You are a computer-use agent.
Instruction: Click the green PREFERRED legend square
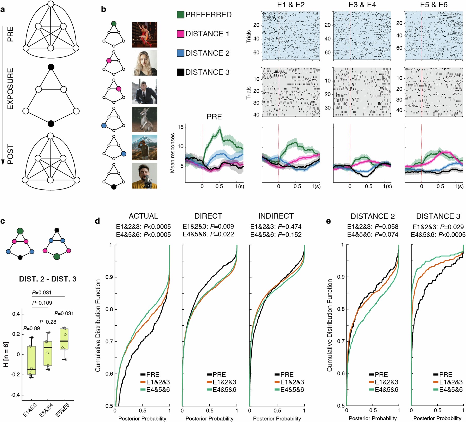[x=180, y=15]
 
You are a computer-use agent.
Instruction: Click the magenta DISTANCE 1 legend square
[x=180, y=34]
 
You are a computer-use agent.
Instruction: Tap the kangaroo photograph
[x=144, y=119]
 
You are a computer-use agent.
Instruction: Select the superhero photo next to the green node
[x=144, y=35]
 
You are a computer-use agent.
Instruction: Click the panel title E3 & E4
[x=362, y=5]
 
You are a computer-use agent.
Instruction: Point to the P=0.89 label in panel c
[x=31, y=328]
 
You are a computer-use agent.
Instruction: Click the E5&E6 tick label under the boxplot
[x=63, y=410]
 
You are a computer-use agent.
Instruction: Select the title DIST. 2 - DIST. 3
[x=48, y=279]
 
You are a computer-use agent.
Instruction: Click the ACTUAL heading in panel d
[x=143, y=216]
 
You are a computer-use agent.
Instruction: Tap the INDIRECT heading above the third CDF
[x=276, y=216]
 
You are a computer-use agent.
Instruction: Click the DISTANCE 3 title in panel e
[x=438, y=216]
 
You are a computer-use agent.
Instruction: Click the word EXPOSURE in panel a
[x=10, y=89]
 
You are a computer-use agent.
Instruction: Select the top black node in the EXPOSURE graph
[x=51, y=67]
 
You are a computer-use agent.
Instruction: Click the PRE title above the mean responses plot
[x=214, y=117]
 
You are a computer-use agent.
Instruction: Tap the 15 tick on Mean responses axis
[x=180, y=127]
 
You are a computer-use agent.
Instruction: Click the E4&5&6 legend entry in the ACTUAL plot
[x=158, y=390]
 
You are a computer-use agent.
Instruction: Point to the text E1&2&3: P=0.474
[x=276, y=227]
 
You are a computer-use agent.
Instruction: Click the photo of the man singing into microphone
[x=144, y=176]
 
